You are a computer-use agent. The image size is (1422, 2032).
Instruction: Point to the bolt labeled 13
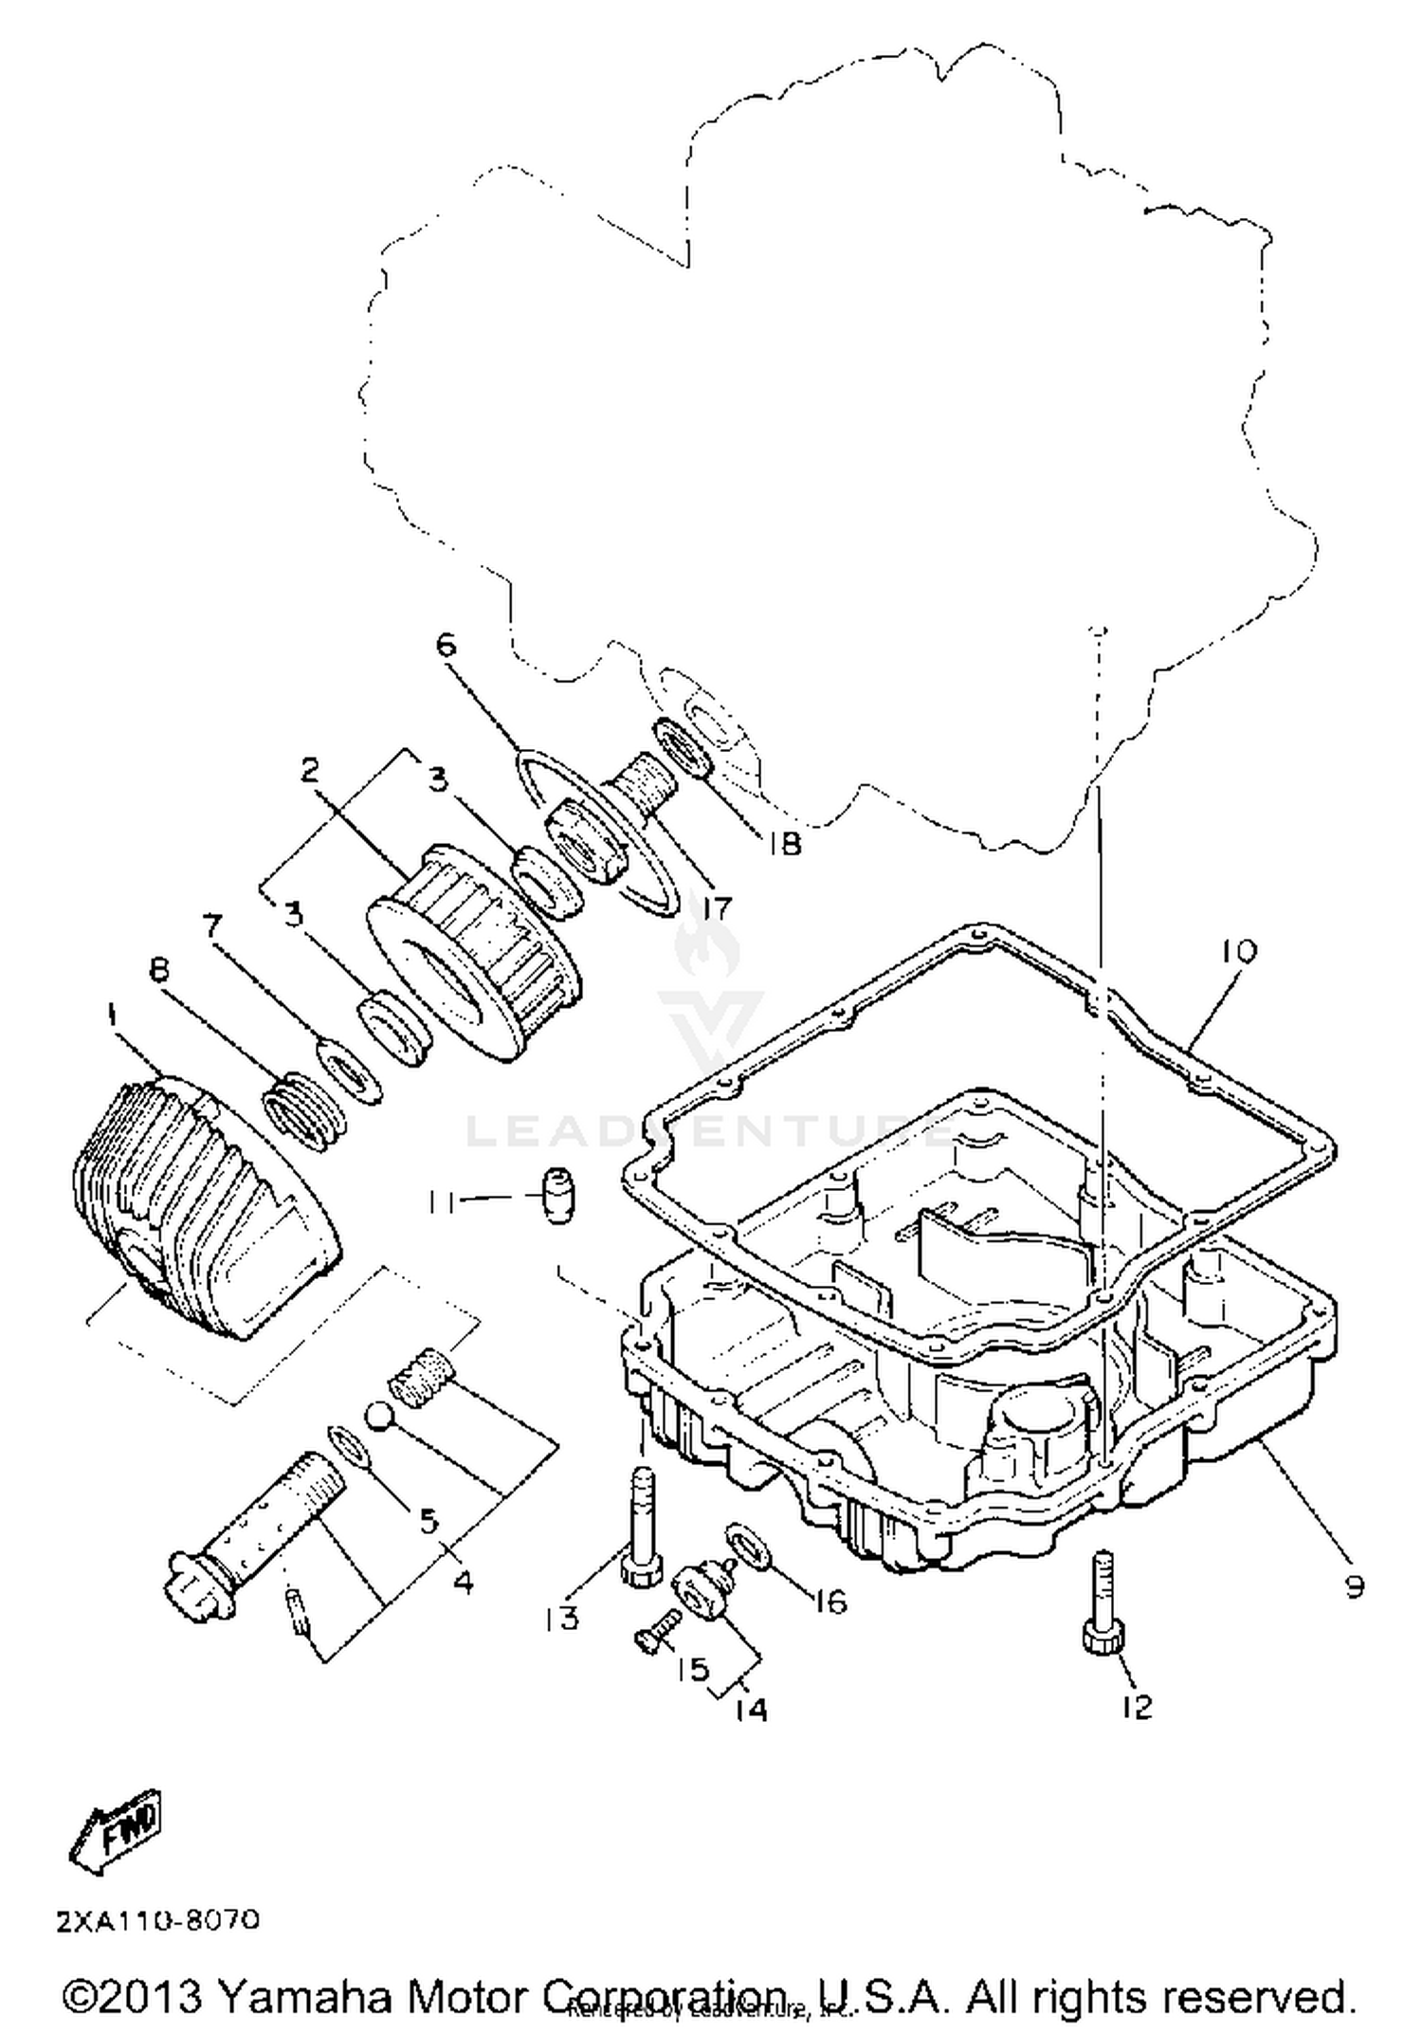click(639, 1528)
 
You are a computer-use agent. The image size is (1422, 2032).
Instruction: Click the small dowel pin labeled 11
click(559, 1197)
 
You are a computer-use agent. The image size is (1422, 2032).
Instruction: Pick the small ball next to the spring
click(378, 1417)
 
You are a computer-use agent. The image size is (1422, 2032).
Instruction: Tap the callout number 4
click(464, 1581)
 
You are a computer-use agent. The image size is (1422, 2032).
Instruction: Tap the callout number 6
click(446, 646)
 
